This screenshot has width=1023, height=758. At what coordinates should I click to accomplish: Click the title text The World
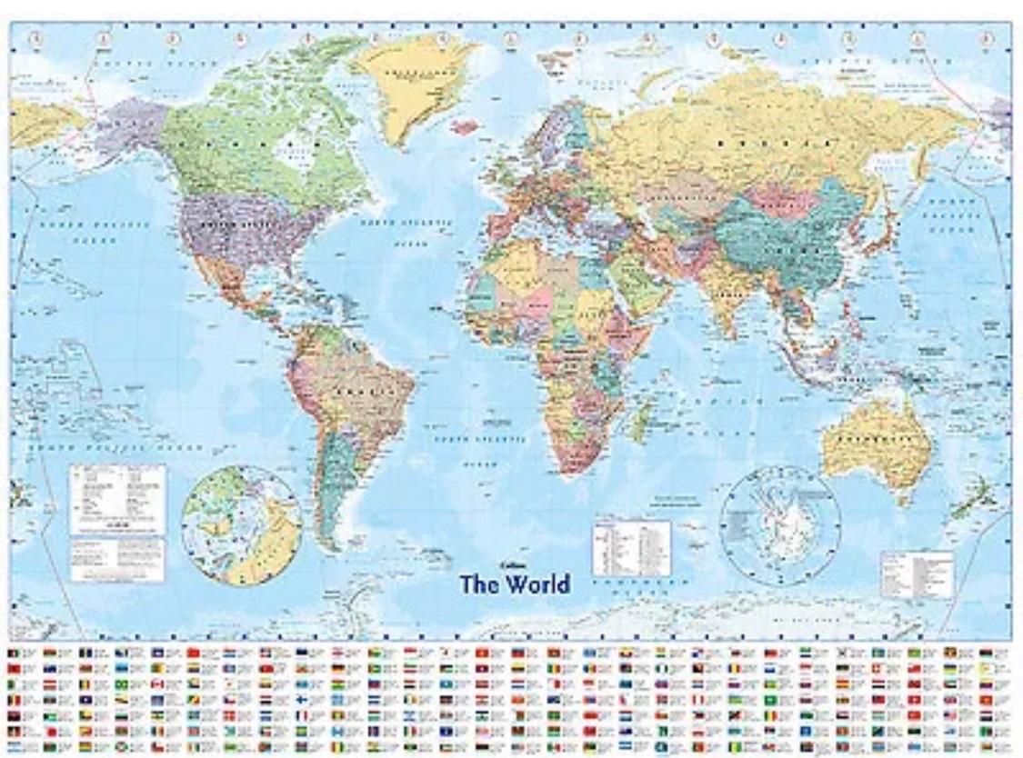pos(515,583)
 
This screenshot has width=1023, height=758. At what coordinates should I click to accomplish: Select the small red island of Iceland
pos(464,127)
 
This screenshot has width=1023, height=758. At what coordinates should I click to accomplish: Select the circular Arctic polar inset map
pos(241,524)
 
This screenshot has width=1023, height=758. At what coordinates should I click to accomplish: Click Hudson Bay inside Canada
pos(293,150)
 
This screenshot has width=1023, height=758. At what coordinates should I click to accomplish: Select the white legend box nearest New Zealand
pos(917,573)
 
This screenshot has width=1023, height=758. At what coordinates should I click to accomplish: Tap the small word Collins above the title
pos(495,564)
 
